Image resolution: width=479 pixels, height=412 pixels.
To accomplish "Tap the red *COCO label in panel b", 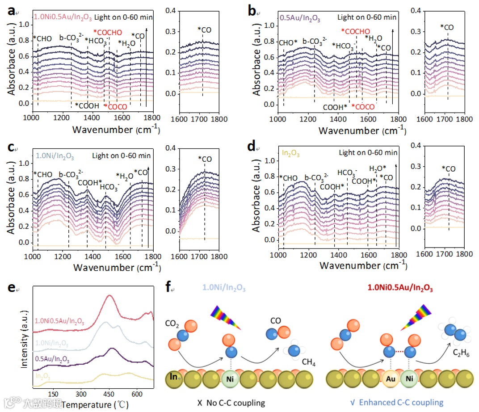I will tap(363, 107).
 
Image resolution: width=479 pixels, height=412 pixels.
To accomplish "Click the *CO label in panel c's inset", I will tap(206, 159).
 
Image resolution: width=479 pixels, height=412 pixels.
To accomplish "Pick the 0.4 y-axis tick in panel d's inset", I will tap(415, 145).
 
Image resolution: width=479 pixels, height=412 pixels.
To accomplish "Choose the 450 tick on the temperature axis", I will tap(109, 394).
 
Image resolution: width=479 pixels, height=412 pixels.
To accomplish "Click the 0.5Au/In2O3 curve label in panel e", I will tap(53, 358).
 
